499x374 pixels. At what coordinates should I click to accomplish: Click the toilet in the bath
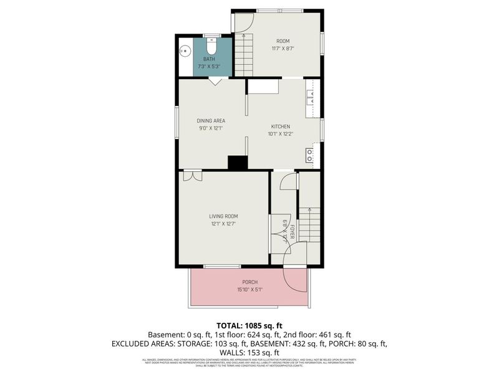210,47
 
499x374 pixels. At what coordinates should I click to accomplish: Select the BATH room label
209,59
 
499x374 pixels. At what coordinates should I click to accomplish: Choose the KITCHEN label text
280,127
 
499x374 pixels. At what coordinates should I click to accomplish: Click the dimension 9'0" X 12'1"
210,128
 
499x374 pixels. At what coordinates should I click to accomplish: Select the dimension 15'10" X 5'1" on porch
249,289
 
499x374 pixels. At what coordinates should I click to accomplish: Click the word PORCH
249,282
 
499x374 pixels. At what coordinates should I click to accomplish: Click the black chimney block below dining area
237,163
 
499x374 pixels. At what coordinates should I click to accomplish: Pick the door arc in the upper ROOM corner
243,22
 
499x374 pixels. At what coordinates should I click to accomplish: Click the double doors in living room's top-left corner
193,176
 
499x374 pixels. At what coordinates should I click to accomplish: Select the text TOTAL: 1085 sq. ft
249,325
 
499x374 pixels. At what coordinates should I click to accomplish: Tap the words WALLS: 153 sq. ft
249,352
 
